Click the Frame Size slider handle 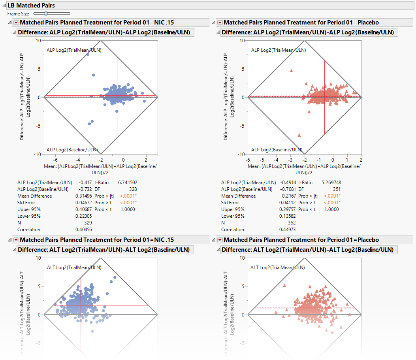[46, 14]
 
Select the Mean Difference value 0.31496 [83, 196]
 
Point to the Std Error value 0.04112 [287, 203]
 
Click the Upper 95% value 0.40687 [83, 209]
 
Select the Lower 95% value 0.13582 [287, 216]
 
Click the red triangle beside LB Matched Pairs [4, 6]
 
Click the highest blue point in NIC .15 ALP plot [88, 55]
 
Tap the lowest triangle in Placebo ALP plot [299, 135]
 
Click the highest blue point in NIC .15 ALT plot [115, 277]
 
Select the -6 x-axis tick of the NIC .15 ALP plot [55, 160]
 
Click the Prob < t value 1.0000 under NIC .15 [127, 209]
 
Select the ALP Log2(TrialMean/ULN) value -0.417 [85, 183]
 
